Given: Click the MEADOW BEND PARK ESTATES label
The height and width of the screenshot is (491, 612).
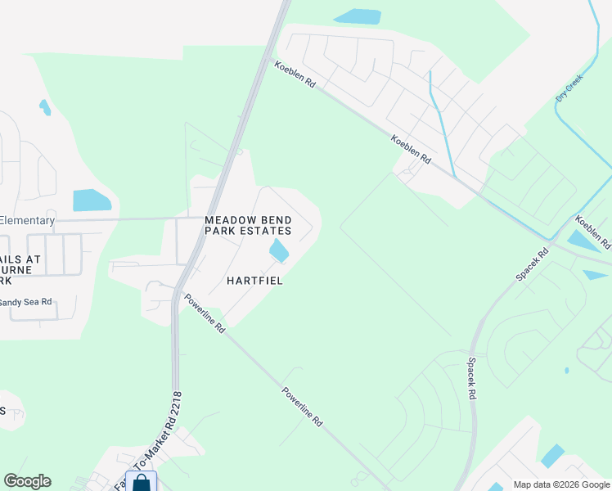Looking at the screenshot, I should (x=248, y=226).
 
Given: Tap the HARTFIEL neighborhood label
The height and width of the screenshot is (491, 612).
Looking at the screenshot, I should (x=254, y=281).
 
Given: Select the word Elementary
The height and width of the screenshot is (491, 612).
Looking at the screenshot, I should (x=27, y=220).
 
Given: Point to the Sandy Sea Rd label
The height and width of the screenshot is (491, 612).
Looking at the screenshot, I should (x=25, y=302).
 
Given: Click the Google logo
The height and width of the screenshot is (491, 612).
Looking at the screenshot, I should (x=27, y=481).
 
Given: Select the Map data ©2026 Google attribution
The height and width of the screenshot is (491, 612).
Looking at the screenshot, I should (x=560, y=484).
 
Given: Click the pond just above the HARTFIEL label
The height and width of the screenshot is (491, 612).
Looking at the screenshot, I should (x=279, y=250).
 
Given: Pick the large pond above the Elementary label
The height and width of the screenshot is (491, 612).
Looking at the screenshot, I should (x=92, y=200).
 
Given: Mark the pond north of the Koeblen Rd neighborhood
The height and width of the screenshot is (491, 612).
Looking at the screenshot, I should (x=358, y=16).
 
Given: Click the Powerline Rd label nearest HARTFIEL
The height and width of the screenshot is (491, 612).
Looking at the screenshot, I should (x=205, y=313).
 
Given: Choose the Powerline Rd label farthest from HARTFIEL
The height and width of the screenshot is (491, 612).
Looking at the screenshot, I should (x=303, y=408).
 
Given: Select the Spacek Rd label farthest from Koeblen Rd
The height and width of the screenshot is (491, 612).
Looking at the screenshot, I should (x=472, y=376).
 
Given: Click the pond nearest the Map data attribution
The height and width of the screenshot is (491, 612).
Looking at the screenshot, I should (x=553, y=455).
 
